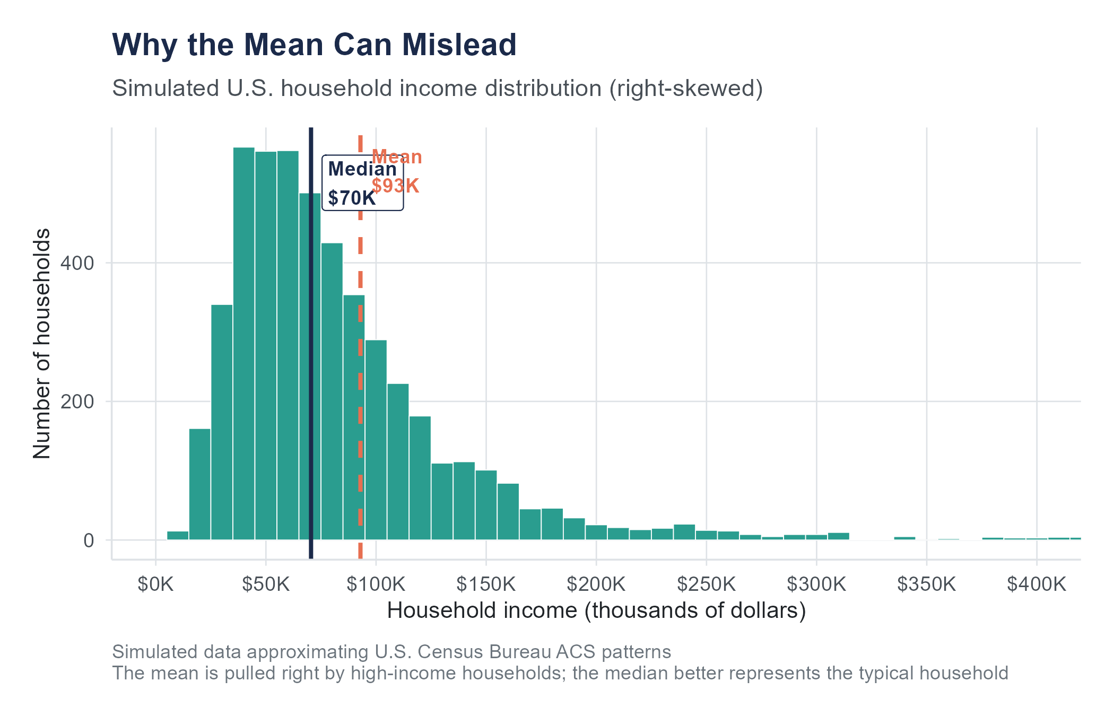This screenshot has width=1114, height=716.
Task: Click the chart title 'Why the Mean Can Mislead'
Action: pyautogui.click(x=314, y=45)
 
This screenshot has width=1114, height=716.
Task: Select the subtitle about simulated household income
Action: pyautogui.click(x=437, y=89)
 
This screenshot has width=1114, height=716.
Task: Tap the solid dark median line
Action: pyautogui.click(x=311, y=371)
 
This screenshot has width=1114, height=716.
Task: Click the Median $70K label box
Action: pyautogui.click(x=363, y=184)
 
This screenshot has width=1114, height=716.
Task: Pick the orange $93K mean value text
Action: pyautogui.click(x=396, y=186)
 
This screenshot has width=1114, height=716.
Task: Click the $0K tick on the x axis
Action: pyautogui.click(x=155, y=584)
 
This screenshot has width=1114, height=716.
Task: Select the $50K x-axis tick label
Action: pyautogui.click(x=266, y=584)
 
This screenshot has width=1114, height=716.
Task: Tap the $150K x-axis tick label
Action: pyautogui.click(x=486, y=584)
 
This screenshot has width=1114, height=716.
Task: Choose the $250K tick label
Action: pyautogui.click(x=706, y=584)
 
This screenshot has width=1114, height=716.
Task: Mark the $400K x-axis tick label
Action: pyautogui.click(x=1037, y=584)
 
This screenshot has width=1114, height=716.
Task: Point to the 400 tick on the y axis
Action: pyautogui.click(x=77, y=263)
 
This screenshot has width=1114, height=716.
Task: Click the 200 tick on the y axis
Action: pyautogui.click(x=77, y=402)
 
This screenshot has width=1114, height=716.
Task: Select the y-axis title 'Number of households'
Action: pyautogui.click(x=42, y=344)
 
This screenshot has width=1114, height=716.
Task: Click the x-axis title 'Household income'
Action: pyautogui.click(x=596, y=611)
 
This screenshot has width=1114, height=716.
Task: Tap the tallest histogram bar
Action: pyautogui.click(x=244, y=345)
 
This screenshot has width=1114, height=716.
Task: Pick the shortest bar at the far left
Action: pyautogui.click(x=178, y=536)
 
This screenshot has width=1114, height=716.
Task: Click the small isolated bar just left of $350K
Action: pyautogui.click(x=904, y=538)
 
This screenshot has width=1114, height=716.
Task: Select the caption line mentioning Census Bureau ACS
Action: pyautogui.click(x=391, y=652)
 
